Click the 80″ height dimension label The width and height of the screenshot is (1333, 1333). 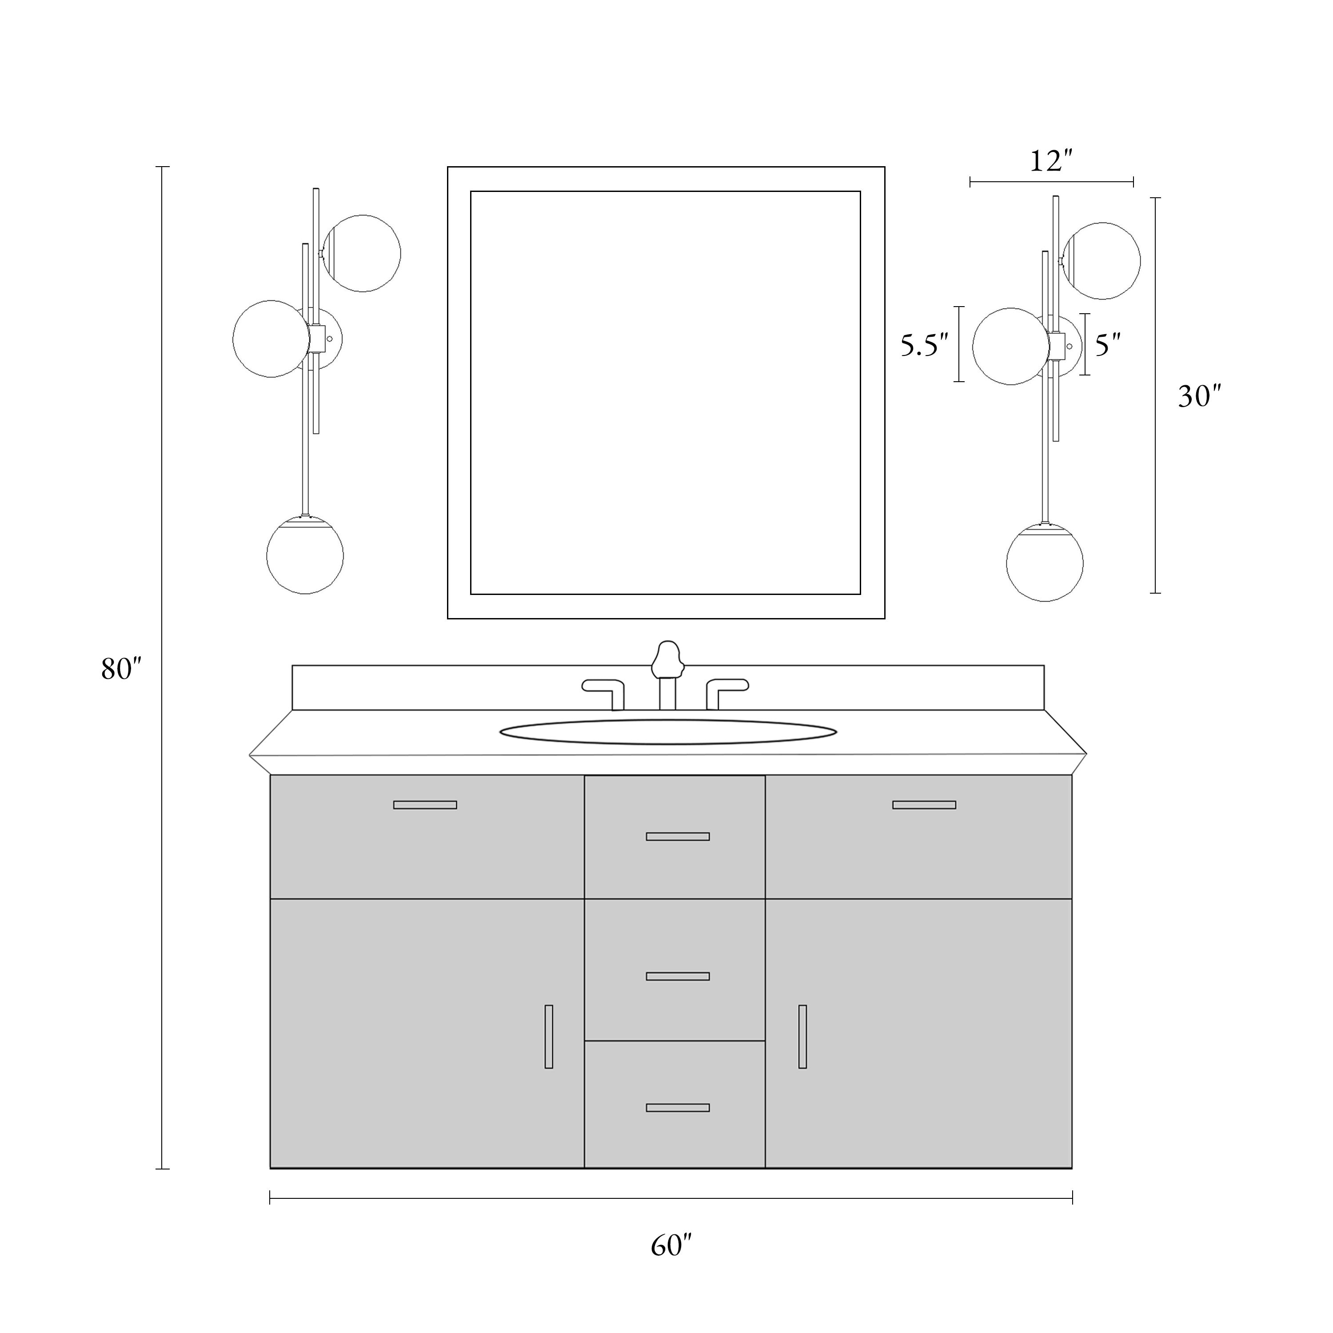point(121,669)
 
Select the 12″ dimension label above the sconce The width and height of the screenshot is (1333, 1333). point(1051,161)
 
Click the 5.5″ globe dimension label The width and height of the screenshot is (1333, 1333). point(925,345)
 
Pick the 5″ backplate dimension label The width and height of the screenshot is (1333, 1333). point(1107,344)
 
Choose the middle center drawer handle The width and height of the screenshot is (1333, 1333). point(678,976)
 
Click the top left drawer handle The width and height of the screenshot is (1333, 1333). point(425,805)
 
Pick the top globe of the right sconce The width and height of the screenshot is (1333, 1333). point(1102,261)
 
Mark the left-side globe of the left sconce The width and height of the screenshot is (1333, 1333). point(271,339)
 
